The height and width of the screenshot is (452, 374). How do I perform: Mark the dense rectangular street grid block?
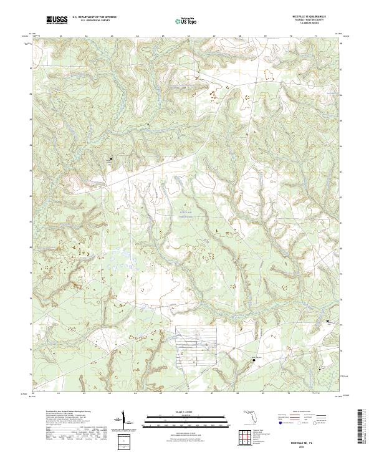[x=193, y=342]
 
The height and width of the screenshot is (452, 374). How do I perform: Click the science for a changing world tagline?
[x=56, y=24]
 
